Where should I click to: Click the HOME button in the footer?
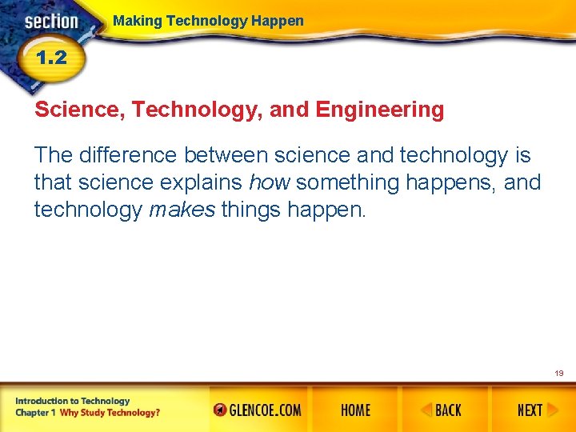click(x=355, y=410)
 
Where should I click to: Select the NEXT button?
click(x=530, y=410)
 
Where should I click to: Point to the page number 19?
click(x=558, y=373)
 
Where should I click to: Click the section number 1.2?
click(x=50, y=58)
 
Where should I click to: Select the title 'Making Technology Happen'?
click(x=208, y=21)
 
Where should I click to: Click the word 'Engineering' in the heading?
click(x=380, y=110)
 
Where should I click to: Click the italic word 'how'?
click(x=270, y=182)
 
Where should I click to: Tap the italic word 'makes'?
click(x=182, y=210)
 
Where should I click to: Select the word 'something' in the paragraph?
click(x=347, y=182)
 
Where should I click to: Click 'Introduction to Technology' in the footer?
click(x=71, y=401)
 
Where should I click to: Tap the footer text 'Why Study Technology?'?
click(x=110, y=413)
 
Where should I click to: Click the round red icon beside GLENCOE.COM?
click(x=220, y=410)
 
